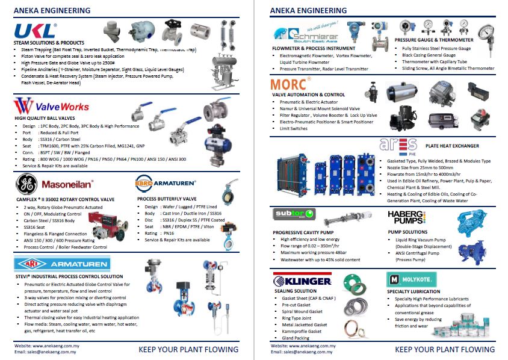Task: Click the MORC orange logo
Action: point(291,84)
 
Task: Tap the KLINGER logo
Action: point(302,281)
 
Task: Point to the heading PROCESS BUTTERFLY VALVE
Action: point(167,198)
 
